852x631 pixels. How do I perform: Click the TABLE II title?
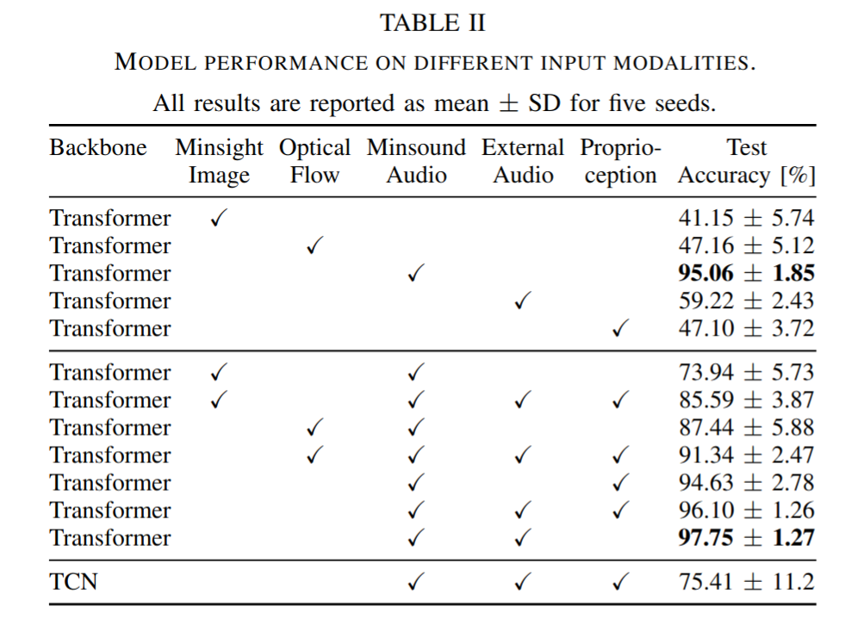[x=432, y=23]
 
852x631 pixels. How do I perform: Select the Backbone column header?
[x=98, y=148]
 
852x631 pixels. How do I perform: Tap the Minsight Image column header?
[x=219, y=161]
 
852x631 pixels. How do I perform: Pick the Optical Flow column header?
[x=314, y=161]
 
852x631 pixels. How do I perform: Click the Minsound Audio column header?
[x=416, y=161]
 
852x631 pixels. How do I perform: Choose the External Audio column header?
[x=523, y=161]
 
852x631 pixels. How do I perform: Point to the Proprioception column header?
[x=620, y=161]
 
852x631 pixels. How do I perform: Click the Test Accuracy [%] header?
[x=747, y=161]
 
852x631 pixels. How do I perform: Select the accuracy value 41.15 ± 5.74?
[x=746, y=219]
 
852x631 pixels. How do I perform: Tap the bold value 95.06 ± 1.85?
[x=746, y=273]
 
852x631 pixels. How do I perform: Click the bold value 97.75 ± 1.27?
[x=746, y=538]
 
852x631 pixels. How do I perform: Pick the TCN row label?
[x=73, y=582]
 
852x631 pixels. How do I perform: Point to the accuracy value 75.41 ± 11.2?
[x=746, y=582]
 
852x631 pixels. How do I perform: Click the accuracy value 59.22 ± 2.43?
[x=746, y=300]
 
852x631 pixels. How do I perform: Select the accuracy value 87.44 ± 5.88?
[x=746, y=428]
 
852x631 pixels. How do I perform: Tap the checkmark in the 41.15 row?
[x=219, y=219]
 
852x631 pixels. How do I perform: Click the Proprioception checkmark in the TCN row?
[x=620, y=582]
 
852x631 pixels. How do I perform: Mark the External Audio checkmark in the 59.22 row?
[x=522, y=300]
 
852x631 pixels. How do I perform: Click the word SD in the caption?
[x=544, y=103]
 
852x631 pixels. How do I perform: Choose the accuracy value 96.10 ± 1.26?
[x=746, y=510]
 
